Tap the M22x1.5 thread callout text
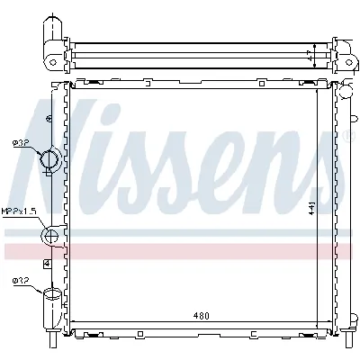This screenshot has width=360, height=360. [17, 211]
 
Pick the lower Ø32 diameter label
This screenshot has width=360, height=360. [20, 282]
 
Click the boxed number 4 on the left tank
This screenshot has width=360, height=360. [47, 263]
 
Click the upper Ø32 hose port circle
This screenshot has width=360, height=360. [51, 159]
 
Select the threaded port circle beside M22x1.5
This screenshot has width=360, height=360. [50, 238]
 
